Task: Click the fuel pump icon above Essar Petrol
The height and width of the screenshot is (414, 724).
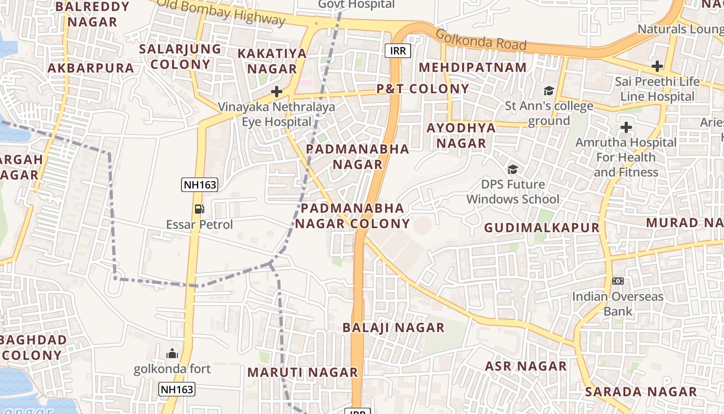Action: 199,209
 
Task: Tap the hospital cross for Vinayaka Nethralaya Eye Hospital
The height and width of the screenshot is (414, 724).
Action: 277,92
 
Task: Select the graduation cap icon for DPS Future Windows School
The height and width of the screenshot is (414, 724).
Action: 512,169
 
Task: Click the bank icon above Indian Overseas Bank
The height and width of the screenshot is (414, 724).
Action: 617,281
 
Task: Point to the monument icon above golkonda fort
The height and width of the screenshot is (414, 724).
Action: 172,353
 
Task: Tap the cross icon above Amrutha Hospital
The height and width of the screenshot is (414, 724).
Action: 626,127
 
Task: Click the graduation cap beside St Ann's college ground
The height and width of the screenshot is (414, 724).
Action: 549,91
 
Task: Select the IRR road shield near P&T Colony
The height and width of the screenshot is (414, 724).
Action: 398,50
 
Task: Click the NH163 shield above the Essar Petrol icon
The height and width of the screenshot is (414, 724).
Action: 199,185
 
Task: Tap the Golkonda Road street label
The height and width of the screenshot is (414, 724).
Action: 481,40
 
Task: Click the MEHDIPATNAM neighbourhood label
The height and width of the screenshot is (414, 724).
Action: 473,67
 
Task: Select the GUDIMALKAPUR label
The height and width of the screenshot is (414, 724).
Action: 541,228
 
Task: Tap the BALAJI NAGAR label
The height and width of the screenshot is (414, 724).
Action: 394,328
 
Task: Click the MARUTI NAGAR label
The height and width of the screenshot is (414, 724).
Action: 303,372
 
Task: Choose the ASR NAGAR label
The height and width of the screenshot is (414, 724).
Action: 525,366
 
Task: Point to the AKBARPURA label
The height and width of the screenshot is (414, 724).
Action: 91,68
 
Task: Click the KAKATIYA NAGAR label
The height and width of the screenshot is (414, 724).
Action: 272,61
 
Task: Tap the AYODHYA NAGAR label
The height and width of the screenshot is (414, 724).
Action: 461,135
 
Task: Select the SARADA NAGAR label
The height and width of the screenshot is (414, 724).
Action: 641,392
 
